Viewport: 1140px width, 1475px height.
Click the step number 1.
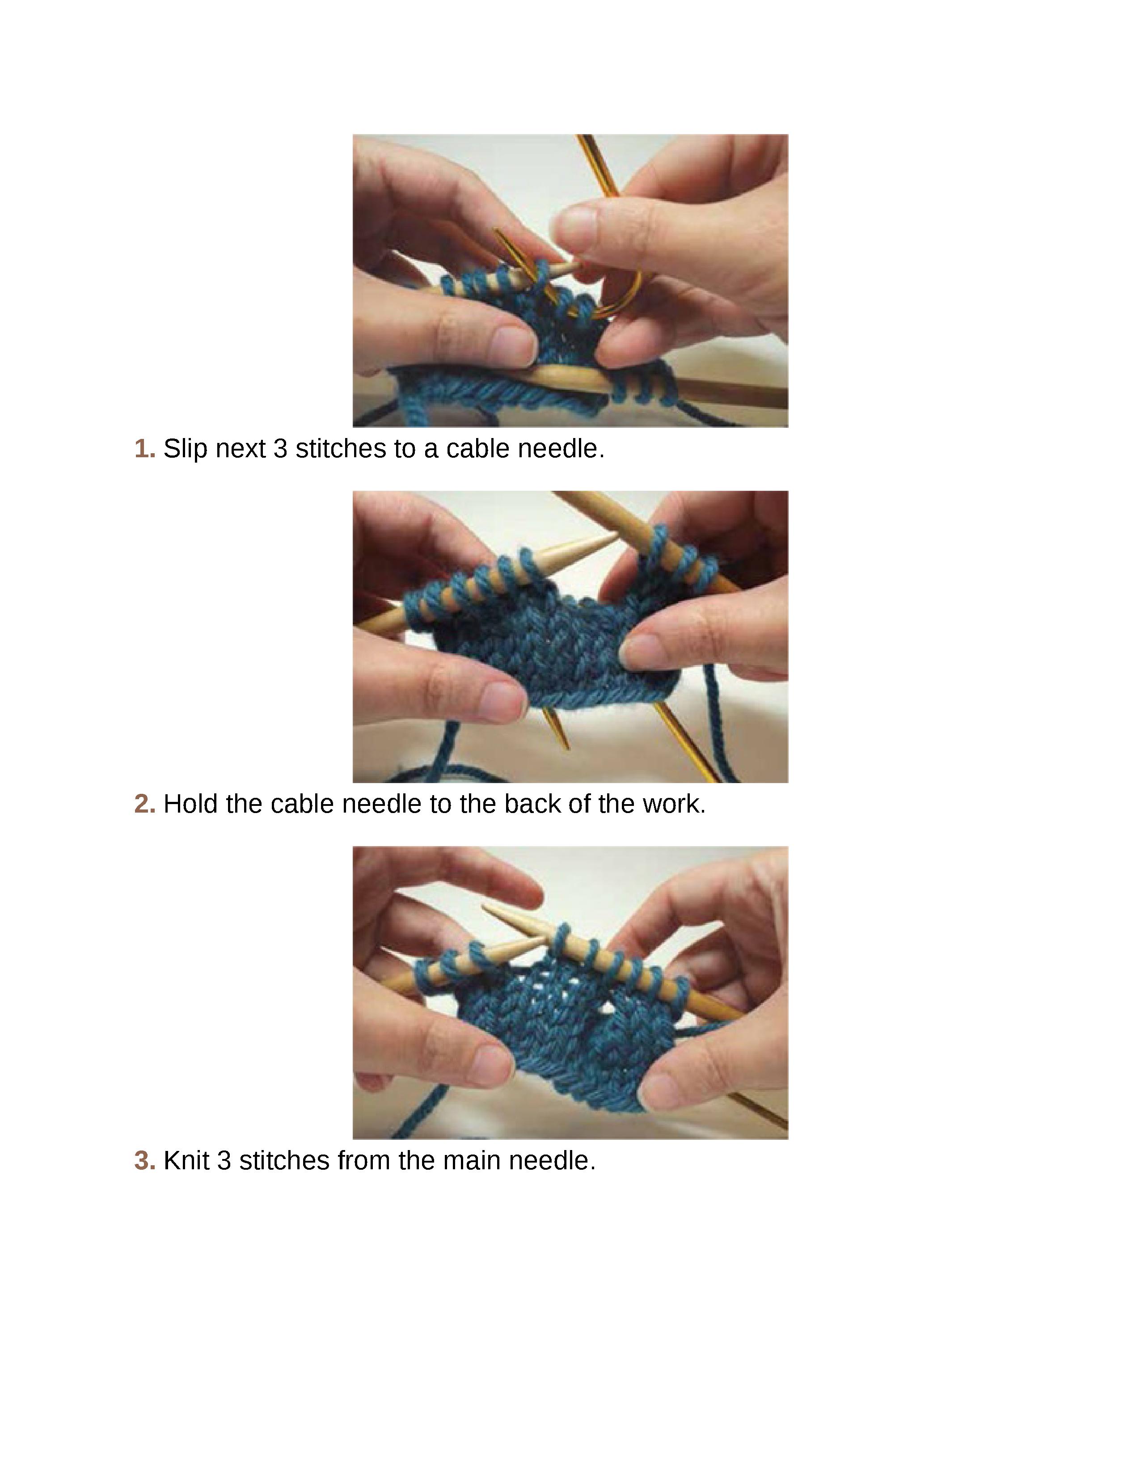[x=144, y=448]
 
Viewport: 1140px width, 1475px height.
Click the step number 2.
[x=144, y=804]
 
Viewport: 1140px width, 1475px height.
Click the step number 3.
[x=144, y=1160]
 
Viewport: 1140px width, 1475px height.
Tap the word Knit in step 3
[x=186, y=1160]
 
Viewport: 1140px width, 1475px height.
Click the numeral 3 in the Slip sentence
[x=280, y=448]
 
